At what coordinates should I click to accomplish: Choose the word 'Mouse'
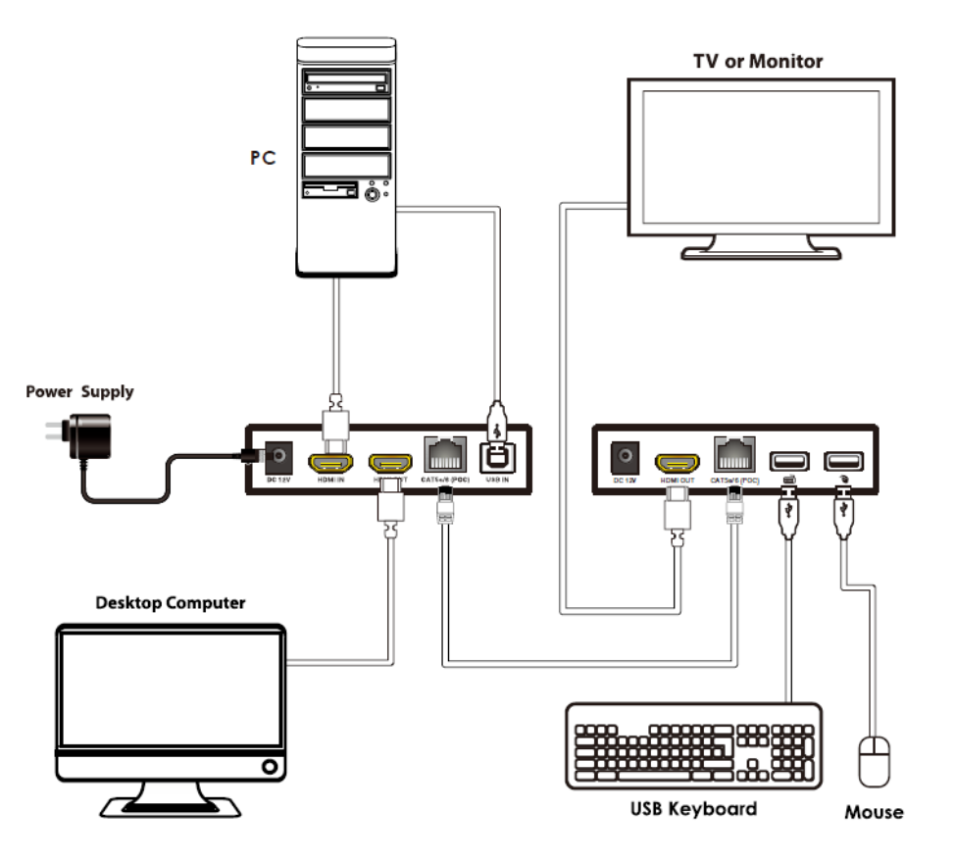[875, 812]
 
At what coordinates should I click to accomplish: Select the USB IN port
[498, 457]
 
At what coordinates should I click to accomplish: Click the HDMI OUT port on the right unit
[677, 460]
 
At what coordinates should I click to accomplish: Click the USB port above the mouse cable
[840, 459]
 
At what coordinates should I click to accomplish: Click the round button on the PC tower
[373, 195]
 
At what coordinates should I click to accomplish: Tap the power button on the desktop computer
[267, 766]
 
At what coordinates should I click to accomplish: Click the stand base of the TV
[761, 253]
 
